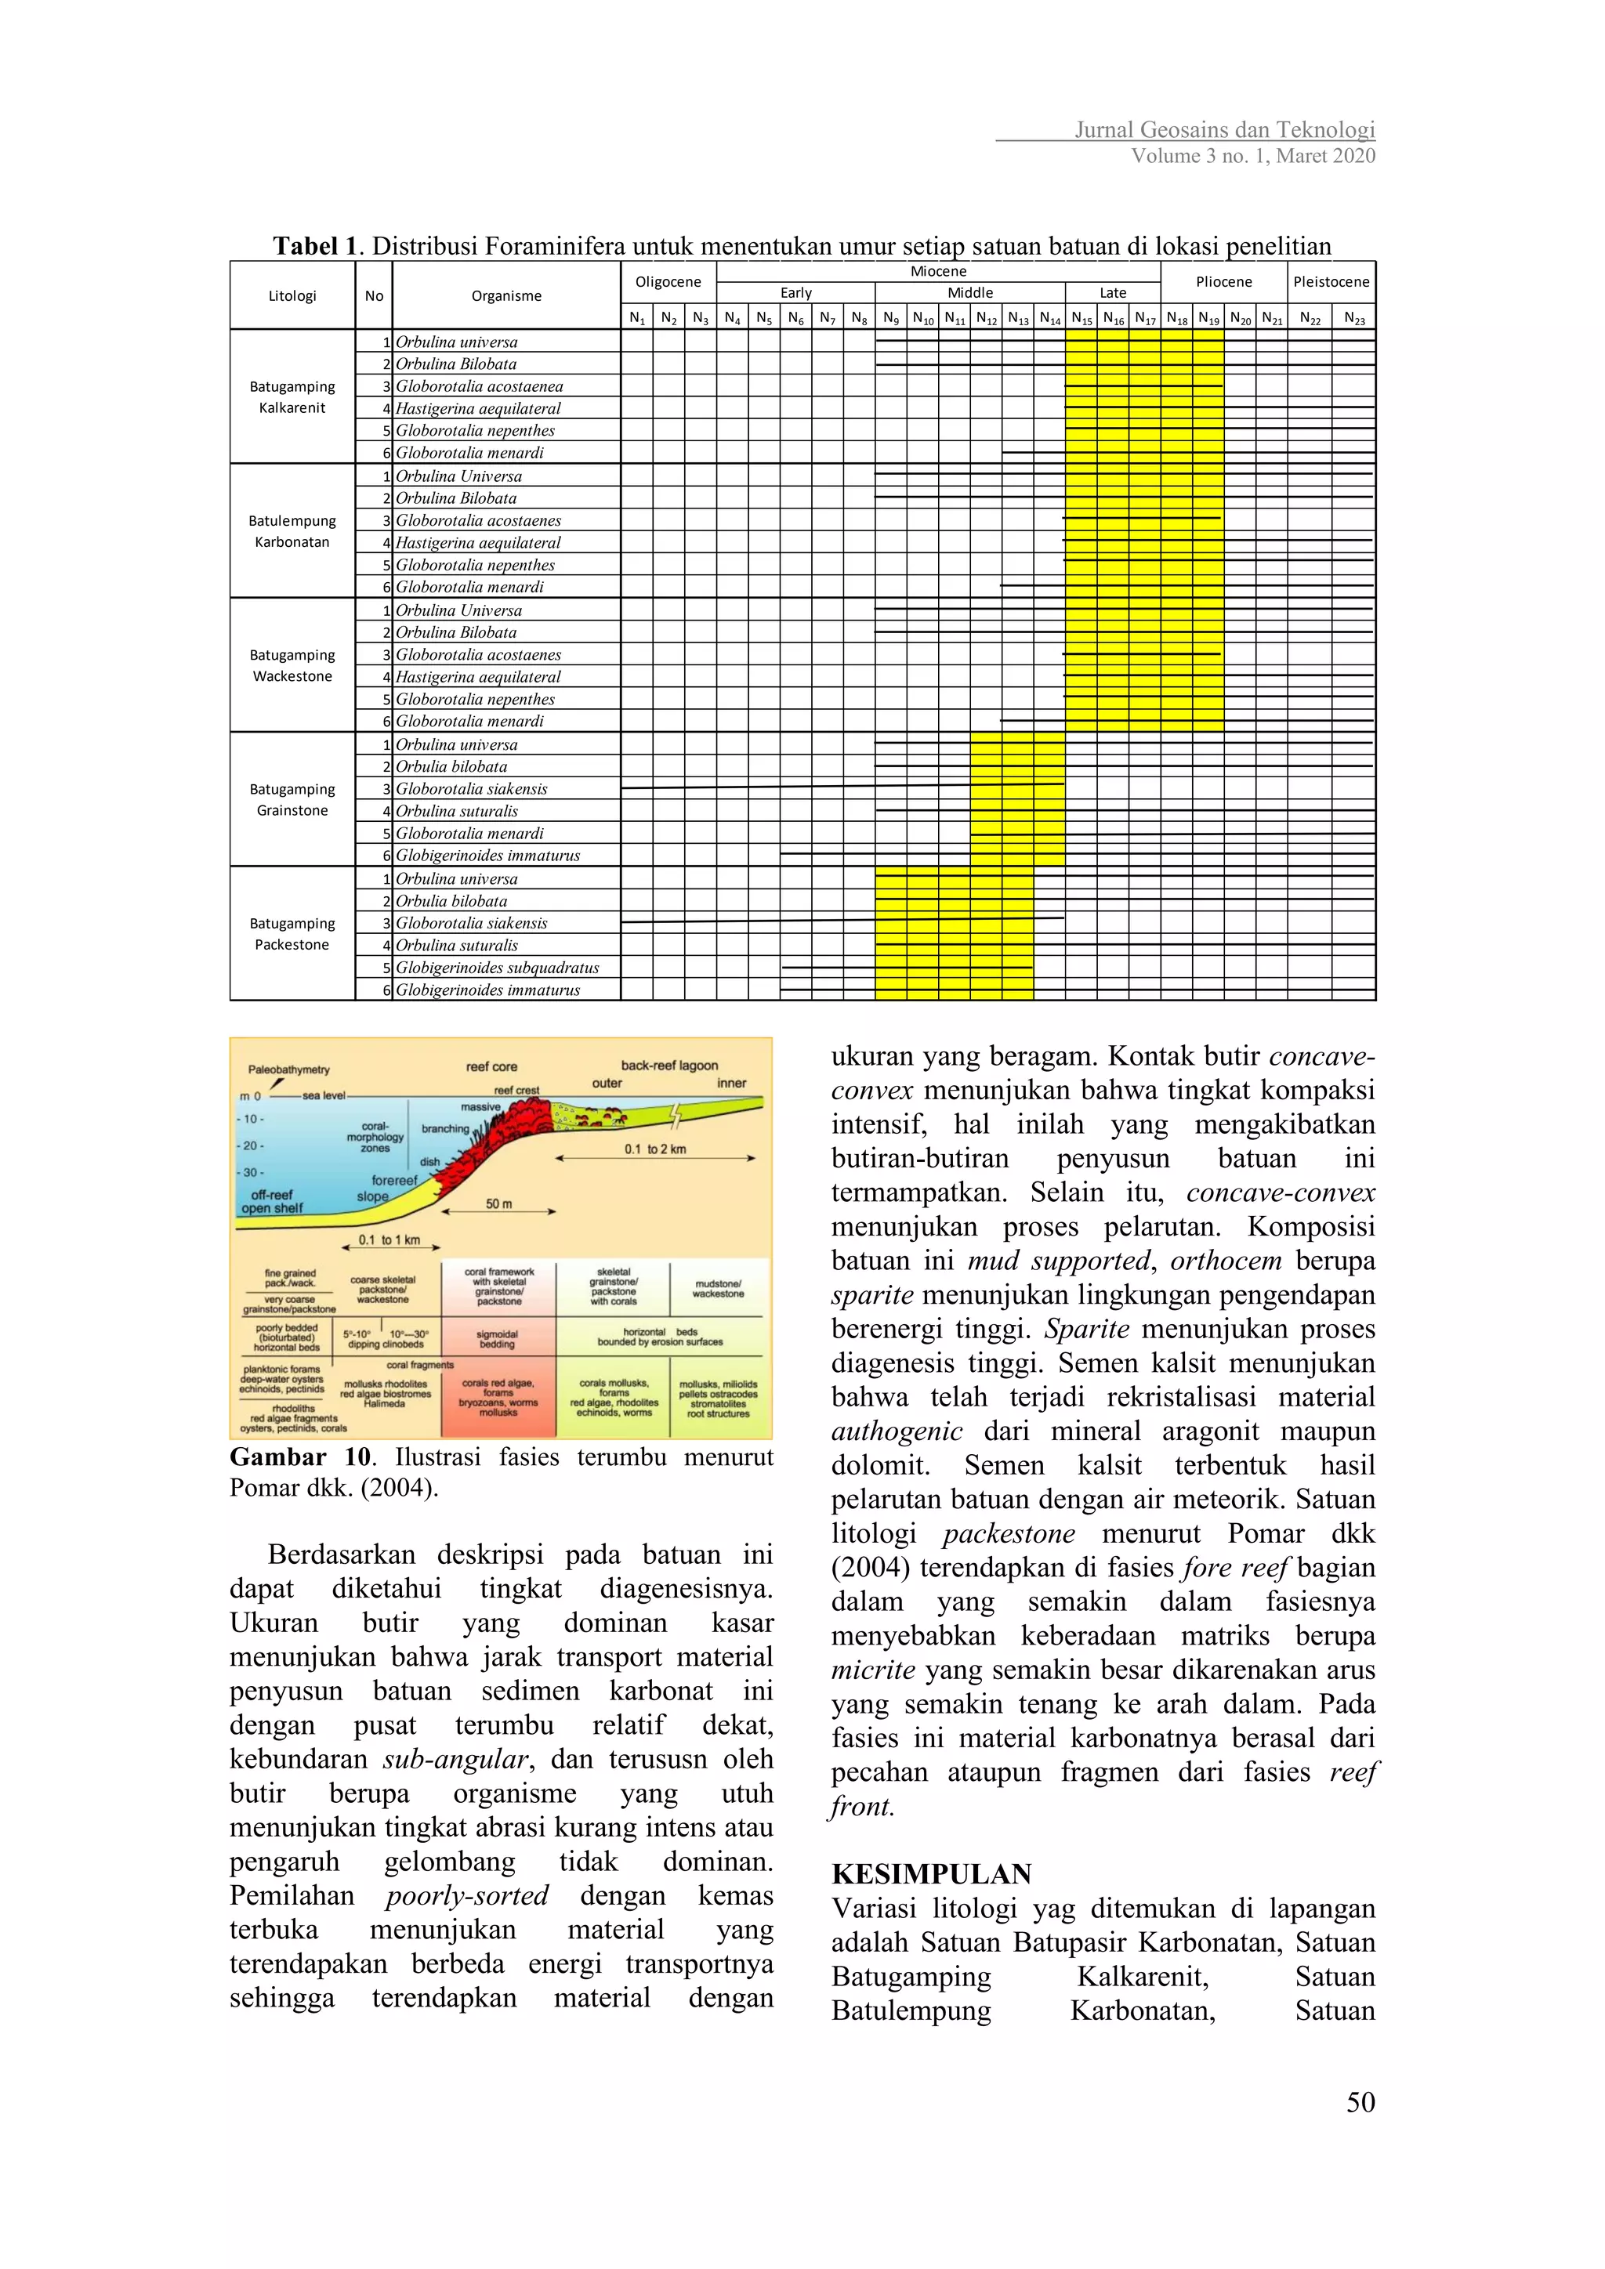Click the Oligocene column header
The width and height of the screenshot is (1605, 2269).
point(668,281)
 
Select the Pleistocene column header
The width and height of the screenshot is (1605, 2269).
point(1331,281)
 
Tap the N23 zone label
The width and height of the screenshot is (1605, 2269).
point(1354,318)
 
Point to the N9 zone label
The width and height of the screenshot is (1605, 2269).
point(890,318)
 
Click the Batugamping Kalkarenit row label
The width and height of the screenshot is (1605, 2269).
point(292,397)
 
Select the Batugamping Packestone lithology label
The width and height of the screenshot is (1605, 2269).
point(292,934)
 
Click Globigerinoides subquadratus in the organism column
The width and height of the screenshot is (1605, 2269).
point(497,968)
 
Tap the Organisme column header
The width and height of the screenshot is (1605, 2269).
point(506,295)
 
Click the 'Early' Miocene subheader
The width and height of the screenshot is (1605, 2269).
point(795,292)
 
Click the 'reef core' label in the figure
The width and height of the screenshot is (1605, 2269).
point(491,1066)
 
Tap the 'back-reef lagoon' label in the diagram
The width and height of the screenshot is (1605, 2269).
point(669,1066)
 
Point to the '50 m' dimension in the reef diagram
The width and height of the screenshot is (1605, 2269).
point(499,1203)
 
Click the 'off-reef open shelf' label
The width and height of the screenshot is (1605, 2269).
point(272,1201)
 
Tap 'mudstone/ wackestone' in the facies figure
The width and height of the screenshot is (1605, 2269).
point(718,1289)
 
